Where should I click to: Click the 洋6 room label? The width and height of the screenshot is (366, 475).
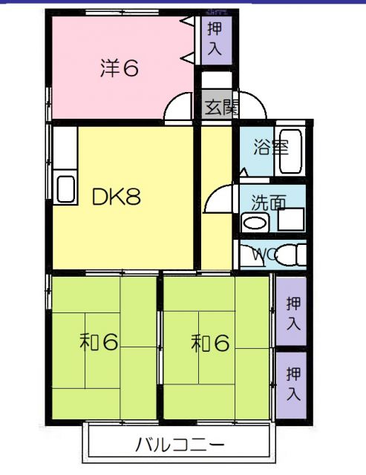[120, 68]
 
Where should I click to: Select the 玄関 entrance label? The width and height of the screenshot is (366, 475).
[220, 107]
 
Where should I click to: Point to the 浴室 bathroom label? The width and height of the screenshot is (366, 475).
[270, 147]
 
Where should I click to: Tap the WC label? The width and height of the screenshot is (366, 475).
[264, 254]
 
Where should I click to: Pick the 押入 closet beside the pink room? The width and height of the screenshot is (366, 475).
[215, 39]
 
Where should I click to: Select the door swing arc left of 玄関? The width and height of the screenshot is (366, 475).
[179, 108]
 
